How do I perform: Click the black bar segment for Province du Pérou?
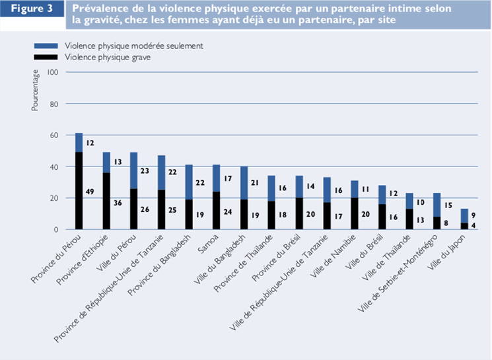79,192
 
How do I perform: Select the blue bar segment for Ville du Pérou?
133,170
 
